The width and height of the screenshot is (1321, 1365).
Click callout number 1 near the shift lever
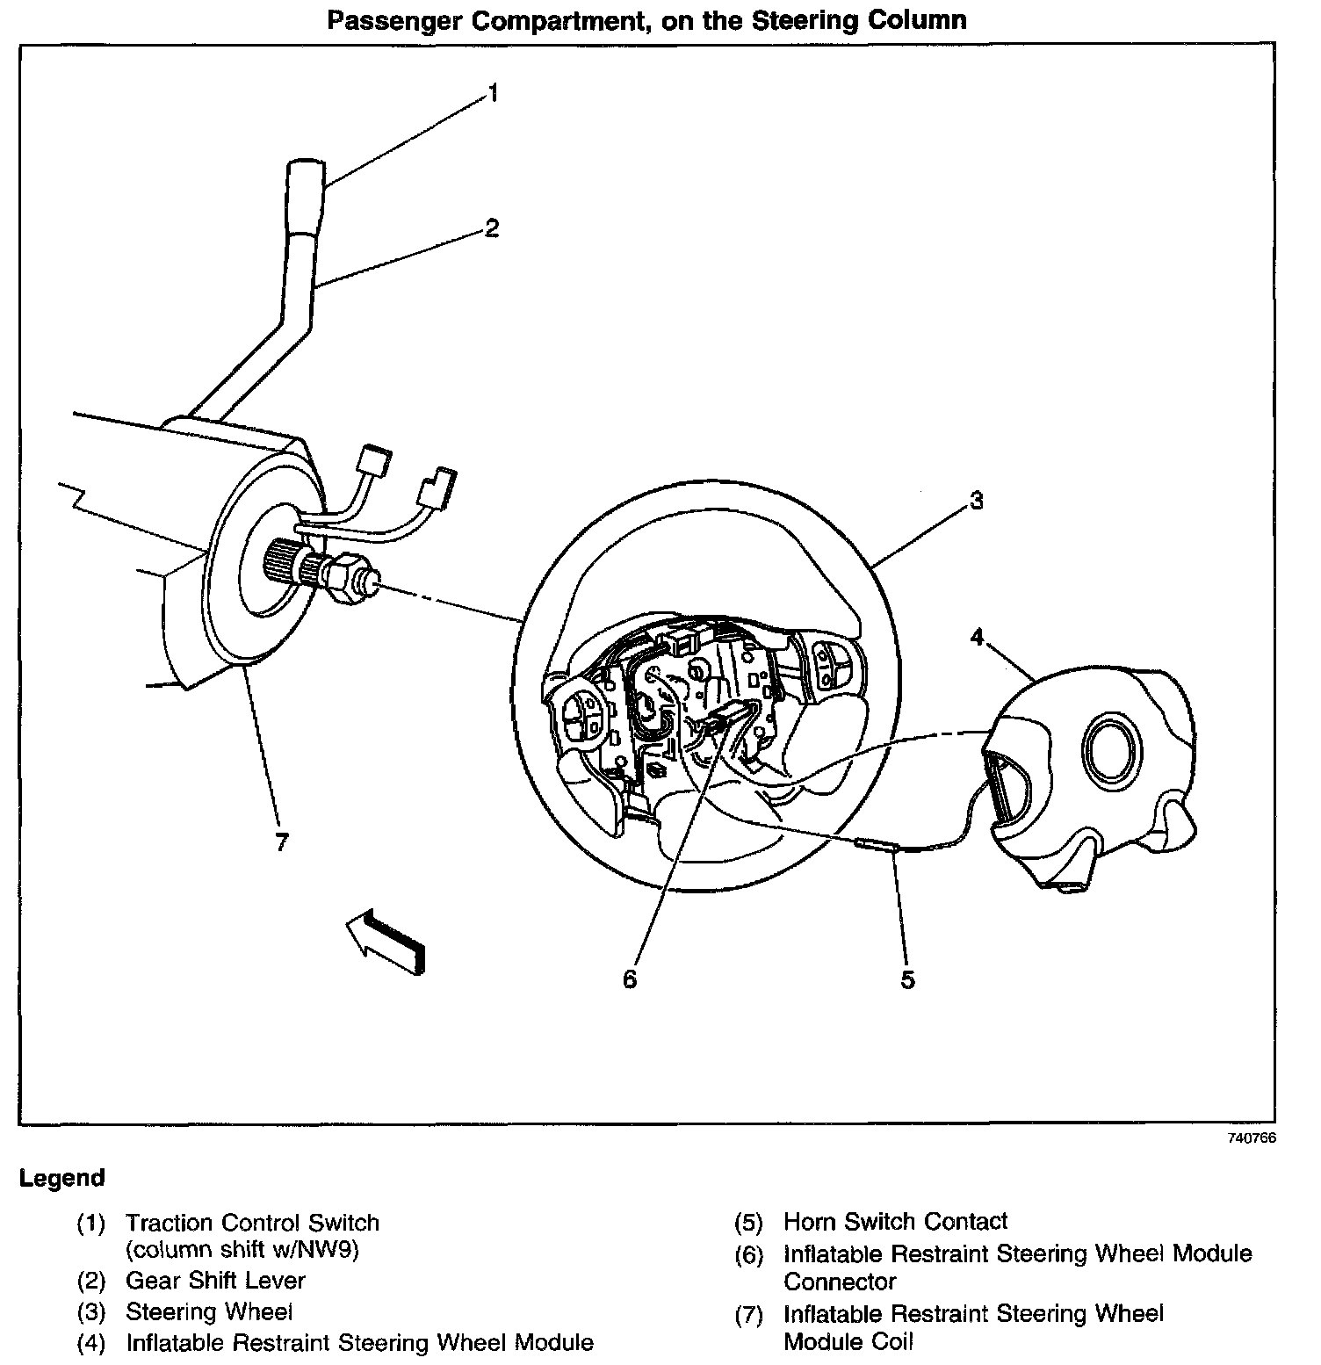pos(494,92)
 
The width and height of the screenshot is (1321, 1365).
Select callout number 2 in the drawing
pos(492,228)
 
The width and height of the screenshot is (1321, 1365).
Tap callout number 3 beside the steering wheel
pos(976,501)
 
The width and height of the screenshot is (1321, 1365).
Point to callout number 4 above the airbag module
pos(977,637)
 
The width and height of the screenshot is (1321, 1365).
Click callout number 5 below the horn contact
pos(907,979)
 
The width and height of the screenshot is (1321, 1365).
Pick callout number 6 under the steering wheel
pos(630,979)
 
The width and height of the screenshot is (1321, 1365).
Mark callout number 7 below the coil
pos(281,843)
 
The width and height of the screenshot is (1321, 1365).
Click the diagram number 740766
pos(1252,1137)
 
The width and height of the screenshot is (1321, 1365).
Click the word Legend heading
pos(61,1178)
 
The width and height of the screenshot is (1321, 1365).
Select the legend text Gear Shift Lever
pos(216,1281)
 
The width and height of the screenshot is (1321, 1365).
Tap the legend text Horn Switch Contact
pos(896,1221)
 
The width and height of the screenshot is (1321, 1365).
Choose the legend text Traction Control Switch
pos(253,1223)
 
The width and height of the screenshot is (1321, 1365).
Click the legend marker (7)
pos(749,1315)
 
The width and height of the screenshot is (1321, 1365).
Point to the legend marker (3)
pos(90,1312)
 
